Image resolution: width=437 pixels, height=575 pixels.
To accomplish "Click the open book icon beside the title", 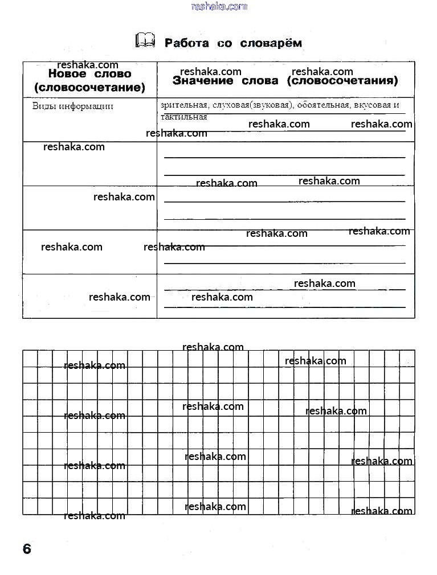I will [x=145, y=40].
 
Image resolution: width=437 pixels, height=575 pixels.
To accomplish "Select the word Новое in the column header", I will [x=67, y=74].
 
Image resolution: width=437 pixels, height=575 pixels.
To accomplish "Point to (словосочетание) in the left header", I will [x=89, y=88].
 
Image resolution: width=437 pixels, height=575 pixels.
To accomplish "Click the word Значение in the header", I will [x=201, y=81].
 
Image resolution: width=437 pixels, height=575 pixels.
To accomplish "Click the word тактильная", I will [x=184, y=117].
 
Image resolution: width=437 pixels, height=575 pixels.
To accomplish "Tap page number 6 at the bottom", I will [x=27, y=549].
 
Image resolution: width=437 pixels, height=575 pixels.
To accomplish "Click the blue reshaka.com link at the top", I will [x=219, y=6].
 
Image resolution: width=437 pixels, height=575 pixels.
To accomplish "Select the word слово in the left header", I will [x=112, y=74].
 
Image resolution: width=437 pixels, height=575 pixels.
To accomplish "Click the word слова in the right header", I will [x=262, y=81].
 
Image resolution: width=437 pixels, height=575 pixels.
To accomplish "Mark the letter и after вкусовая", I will [x=397, y=105].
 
